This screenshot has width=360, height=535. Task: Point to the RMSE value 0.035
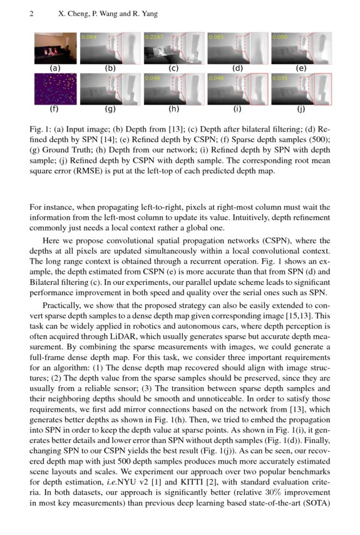click(x=280, y=78)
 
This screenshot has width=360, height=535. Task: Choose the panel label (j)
click(x=301, y=109)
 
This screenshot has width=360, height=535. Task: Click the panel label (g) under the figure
click(x=110, y=109)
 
